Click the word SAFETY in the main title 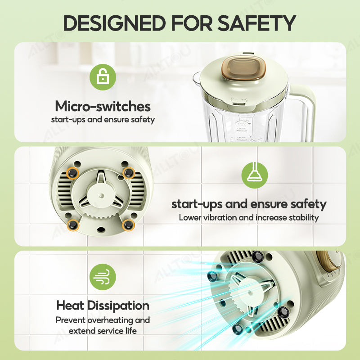256,23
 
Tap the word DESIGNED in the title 114,23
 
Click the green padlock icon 103,77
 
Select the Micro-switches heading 103,106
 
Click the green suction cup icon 255,175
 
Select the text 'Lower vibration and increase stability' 249,217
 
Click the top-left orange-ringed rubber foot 72,172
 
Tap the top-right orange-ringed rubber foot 129,172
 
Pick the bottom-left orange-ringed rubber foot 73,225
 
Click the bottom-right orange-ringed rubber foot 128,225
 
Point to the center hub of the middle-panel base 101,195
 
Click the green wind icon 103,277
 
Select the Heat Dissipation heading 103,306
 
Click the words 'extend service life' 103,331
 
